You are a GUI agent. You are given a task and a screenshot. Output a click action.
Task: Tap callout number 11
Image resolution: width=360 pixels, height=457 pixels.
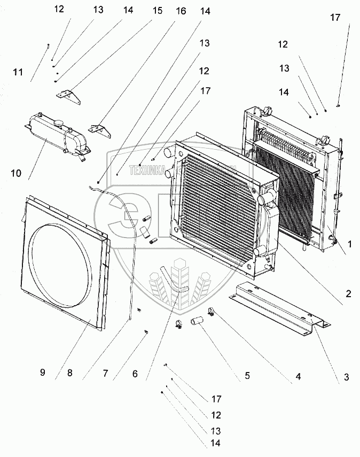pos(18,72)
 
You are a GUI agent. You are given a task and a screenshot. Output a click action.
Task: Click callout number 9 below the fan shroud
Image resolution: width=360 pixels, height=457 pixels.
pos(43,373)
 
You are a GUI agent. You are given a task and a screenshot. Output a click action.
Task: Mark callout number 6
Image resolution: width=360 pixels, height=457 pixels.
pos(135,374)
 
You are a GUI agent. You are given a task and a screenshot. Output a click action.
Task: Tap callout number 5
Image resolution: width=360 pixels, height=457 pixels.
pos(247,375)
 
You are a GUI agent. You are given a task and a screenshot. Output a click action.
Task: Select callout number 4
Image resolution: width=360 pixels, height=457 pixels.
pos(292,376)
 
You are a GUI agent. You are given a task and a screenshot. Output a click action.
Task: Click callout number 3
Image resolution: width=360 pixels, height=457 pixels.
pos(346,377)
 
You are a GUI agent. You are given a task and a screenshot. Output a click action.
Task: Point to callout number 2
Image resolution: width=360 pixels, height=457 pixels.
pos(348,293)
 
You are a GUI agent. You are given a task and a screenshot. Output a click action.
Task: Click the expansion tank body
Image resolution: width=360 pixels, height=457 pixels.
pos(48,136)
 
